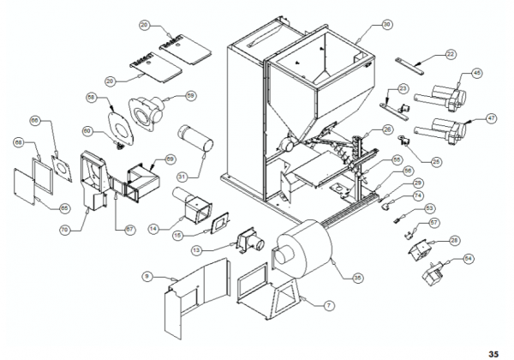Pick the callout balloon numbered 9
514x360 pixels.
click(x=147, y=276)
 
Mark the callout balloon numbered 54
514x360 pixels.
click(x=467, y=258)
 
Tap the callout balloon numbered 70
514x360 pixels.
click(x=64, y=231)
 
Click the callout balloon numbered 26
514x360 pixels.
click(x=386, y=129)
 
